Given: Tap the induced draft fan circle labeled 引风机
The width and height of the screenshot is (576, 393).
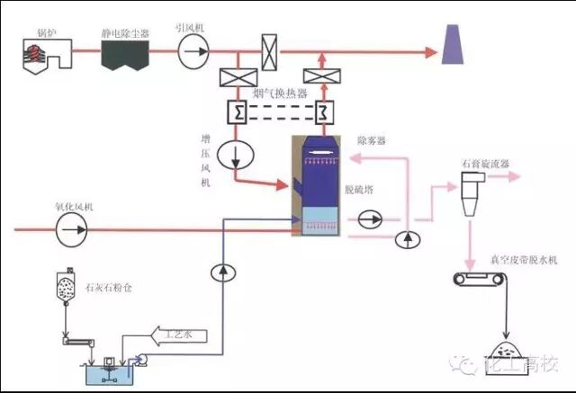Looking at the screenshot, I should click(x=192, y=53).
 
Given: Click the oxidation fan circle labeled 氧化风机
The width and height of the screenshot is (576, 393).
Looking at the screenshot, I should click(x=68, y=230).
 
